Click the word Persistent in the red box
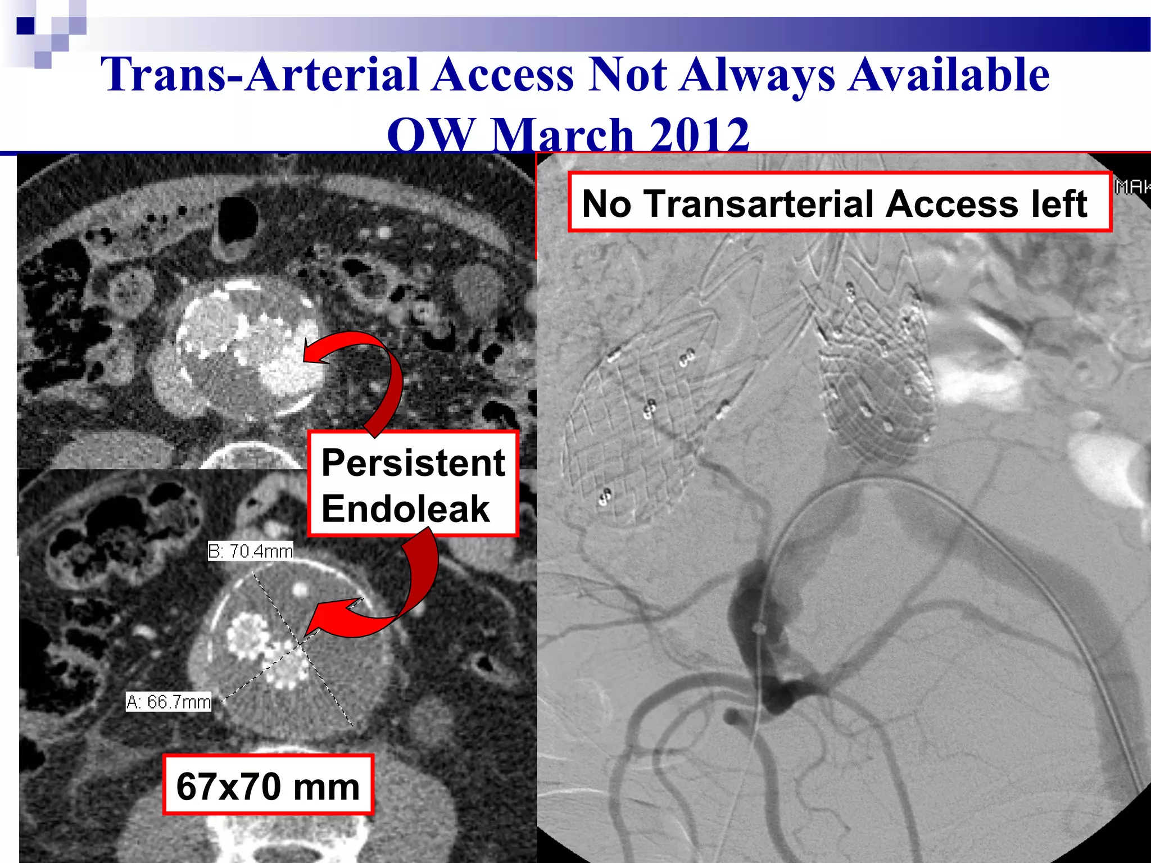coord(413,463)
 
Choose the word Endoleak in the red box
coord(405,508)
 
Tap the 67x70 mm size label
coord(268,786)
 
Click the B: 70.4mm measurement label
coord(251,551)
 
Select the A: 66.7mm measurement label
coord(169,702)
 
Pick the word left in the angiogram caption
coord(1059,203)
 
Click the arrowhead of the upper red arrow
coord(312,351)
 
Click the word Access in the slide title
coord(503,75)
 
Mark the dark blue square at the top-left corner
coord(25,26)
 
